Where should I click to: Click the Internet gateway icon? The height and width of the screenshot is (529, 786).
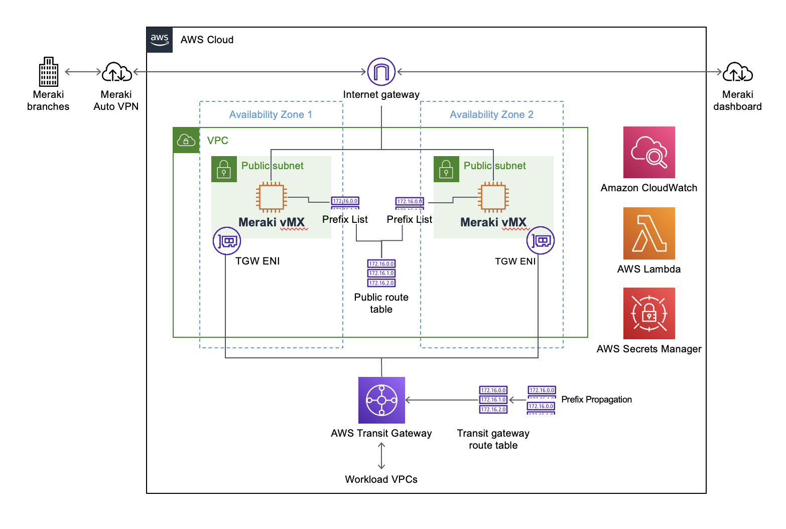coord(381,72)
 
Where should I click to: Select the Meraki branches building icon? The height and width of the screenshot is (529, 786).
coord(49,72)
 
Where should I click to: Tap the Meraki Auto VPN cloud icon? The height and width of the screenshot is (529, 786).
coord(116,72)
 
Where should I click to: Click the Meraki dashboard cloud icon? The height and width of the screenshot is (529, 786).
coord(737,72)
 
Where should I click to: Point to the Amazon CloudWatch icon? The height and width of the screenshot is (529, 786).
coord(649,153)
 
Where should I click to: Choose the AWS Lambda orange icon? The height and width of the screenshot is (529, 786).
coord(649,233)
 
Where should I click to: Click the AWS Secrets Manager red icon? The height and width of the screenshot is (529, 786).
coord(649,313)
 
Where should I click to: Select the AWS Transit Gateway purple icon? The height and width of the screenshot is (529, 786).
coord(381,400)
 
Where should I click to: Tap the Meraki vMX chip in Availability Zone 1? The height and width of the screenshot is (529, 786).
coord(271,198)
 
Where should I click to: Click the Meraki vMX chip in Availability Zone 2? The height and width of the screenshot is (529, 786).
coord(493,198)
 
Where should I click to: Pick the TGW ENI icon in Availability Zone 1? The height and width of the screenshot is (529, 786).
coord(227,241)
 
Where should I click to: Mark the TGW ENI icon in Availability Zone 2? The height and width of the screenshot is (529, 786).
coord(541,241)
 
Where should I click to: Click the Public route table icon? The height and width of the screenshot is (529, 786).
coord(381,273)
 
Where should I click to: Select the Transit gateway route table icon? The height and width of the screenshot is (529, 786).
coord(493,400)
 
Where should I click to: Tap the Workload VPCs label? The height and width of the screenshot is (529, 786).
coord(381,479)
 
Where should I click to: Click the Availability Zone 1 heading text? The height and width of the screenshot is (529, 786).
coord(271,114)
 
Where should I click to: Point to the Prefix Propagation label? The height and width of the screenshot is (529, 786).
coord(596,400)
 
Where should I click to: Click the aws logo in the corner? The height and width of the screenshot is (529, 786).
coord(160,40)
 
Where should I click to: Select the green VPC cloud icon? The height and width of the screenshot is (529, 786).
coord(186,140)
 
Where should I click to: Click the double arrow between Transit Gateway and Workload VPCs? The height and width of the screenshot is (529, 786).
coord(381,456)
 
